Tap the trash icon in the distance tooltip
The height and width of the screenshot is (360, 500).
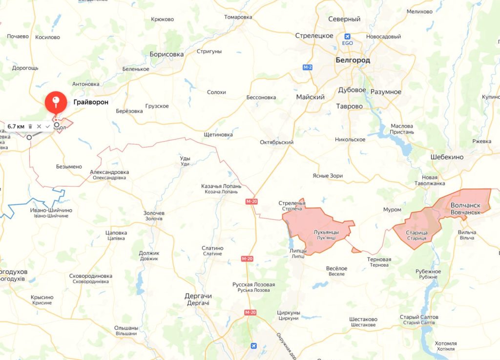click(30, 127)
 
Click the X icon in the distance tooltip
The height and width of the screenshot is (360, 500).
click(39, 127)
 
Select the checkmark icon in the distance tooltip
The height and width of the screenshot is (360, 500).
click(47, 127)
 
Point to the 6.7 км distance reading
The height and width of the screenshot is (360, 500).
click(16, 127)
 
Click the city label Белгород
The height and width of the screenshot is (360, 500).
click(353, 60)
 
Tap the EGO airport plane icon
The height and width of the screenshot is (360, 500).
click(348, 36)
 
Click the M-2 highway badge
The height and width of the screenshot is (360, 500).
click(307, 67)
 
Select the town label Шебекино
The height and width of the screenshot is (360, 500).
click(447, 157)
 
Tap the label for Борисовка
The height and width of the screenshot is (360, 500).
click(167, 54)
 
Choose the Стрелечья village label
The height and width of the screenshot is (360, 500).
click(292, 203)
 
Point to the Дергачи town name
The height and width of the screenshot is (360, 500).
click(198, 296)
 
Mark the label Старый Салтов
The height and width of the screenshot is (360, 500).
click(419, 317)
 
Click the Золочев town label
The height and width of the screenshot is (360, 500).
click(154, 213)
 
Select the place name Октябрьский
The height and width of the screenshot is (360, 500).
click(276, 142)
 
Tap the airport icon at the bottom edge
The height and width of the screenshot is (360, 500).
click(253, 346)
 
